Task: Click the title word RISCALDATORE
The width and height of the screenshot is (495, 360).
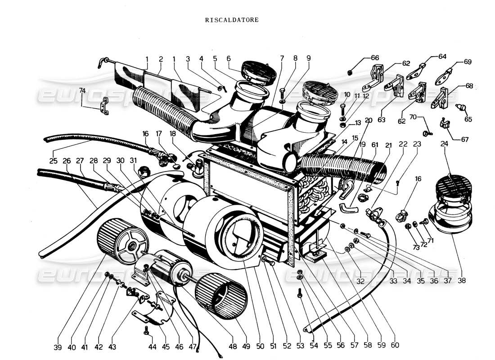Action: click(x=232, y=20)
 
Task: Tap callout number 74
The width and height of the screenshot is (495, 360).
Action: click(x=82, y=90)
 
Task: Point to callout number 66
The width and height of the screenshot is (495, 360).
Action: click(x=375, y=58)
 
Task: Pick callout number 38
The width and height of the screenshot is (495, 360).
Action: click(x=462, y=279)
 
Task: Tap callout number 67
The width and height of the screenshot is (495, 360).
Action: click(x=464, y=139)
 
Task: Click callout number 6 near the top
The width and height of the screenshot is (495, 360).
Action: click(x=228, y=58)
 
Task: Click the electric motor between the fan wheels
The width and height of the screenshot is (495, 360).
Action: click(x=164, y=268)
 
